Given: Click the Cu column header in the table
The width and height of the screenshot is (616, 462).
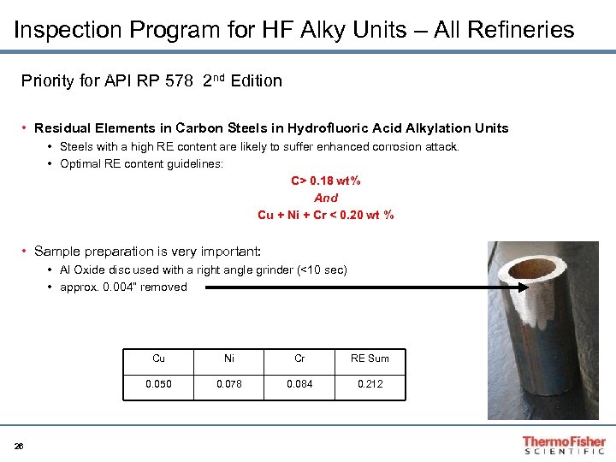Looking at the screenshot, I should [158, 358].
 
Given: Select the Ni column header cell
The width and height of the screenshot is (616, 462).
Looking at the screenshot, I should [228, 358].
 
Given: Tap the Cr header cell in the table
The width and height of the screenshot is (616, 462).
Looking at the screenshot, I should [299, 358].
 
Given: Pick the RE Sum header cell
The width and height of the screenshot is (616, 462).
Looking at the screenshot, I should [370, 358].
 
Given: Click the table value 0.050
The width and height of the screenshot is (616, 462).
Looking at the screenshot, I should [158, 384].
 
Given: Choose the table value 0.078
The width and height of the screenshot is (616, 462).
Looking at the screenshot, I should [228, 384].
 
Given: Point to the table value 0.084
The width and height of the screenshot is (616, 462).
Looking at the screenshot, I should [299, 384].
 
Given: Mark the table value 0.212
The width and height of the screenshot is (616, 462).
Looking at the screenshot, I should [370, 384].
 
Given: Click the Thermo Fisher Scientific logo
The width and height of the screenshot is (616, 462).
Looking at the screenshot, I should [564, 445].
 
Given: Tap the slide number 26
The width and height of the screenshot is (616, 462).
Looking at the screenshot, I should [19, 445].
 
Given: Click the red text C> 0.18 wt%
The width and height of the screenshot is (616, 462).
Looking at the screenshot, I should [326, 181].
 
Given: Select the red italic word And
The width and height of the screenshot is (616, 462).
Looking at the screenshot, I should [326, 198].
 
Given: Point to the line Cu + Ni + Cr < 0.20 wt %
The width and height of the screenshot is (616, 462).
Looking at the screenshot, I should [326, 215].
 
